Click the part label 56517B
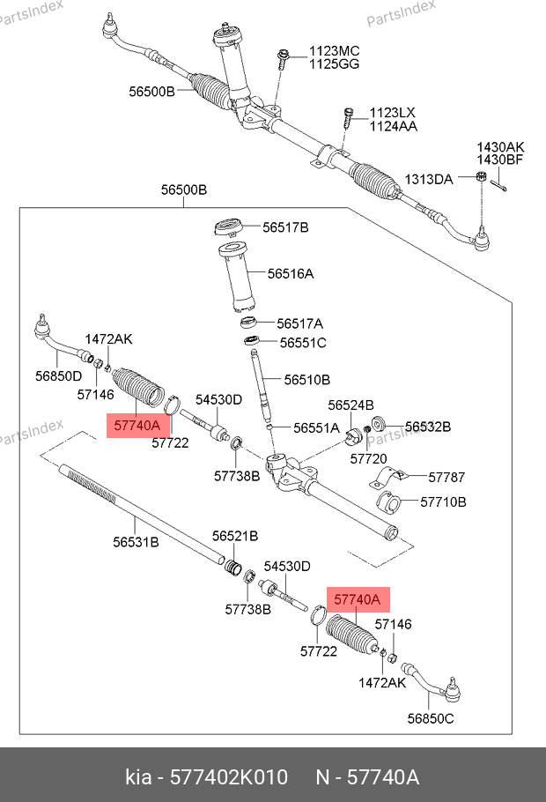pyautogui.click(x=285, y=227)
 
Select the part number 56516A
pyautogui.click(x=291, y=274)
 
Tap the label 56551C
pyautogui.click(x=304, y=342)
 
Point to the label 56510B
pyautogui.click(x=306, y=380)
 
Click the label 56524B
pyautogui.click(x=351, y=405)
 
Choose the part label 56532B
pyautogui.click(x=428, y=427)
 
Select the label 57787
pyautogui.click(x=447, y=477)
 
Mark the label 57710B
pyautogui.click(x=443, y=502)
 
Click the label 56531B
pyautogui.click(x=136, y=542)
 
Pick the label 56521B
pyautogui.click(x=235, y=536)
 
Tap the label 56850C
pyautogui.click(x=431, y=717)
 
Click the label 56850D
pyautogui.click(x=59, y=376)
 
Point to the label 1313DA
pyautogui.click(x=429, y=180)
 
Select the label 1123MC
pyautogui.click(x=333, y=51)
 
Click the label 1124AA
pyautogui.click(x=394, y=126)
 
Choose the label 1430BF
pyautogui.click(x=501, y=160)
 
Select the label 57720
pyautogui.click(x=368, y=458)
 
